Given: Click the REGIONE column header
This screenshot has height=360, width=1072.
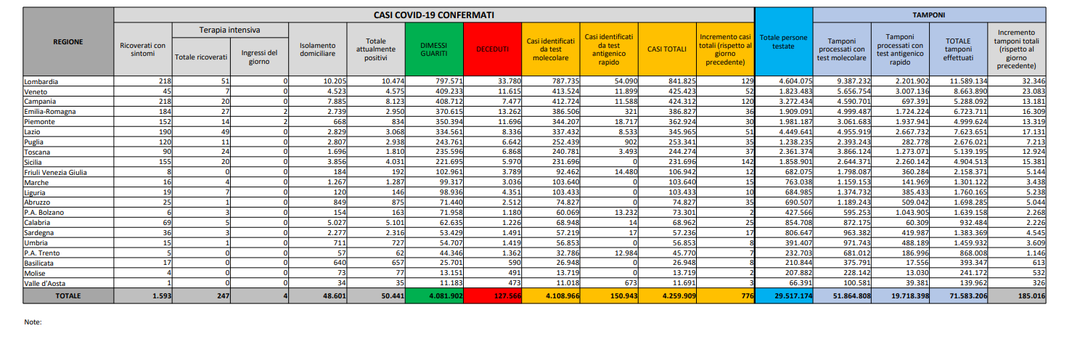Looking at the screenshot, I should coord(68,41).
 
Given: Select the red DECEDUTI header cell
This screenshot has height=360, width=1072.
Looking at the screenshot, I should coord(492,49).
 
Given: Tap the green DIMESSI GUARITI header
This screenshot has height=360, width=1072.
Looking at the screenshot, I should coord(434,49).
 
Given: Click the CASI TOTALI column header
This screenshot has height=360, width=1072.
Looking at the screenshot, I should coord(666,49).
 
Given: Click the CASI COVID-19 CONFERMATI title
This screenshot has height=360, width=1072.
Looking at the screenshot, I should coord(434,14).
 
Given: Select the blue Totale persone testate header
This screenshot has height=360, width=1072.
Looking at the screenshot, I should coord(783,41).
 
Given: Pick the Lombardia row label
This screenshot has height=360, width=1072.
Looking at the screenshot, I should coord(41,81).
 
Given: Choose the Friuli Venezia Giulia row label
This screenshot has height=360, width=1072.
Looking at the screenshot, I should coord(55,172).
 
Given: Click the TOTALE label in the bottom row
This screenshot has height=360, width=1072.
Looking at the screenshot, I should coord(68,296).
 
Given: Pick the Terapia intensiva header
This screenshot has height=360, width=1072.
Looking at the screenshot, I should coord(230,30).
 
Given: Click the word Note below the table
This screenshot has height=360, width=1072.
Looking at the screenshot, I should coord(33,322).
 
